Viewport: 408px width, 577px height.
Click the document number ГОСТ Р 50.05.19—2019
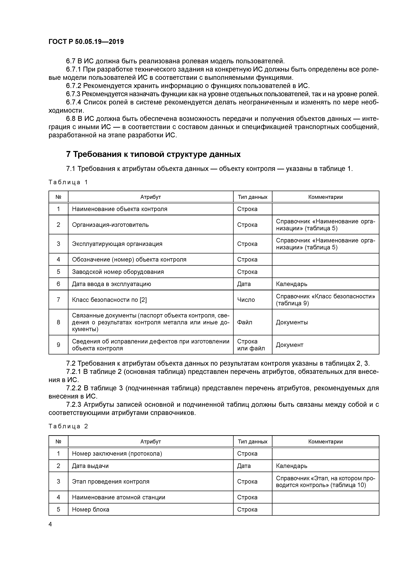click(x=86, y=42)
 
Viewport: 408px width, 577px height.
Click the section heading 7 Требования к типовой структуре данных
click(x=153, y=154)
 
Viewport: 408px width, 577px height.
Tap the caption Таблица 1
click(x=68, y=182)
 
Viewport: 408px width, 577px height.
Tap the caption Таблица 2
click(x=68, y=426)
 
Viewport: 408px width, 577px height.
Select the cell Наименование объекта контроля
click(x=119, y=209)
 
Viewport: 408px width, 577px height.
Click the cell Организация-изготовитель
click(x=110, y=225)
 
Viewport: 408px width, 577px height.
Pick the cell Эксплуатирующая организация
click(x=117, y=244)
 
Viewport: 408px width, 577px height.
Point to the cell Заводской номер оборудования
click(x=118, y=272)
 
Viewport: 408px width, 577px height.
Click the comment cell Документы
click(x=292, y=322)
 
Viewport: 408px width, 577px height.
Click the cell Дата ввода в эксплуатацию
click(x=111, y=284)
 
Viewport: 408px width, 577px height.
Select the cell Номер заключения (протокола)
click(x=117, y=454)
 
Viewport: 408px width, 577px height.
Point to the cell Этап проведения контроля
click(x=111, y=481)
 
